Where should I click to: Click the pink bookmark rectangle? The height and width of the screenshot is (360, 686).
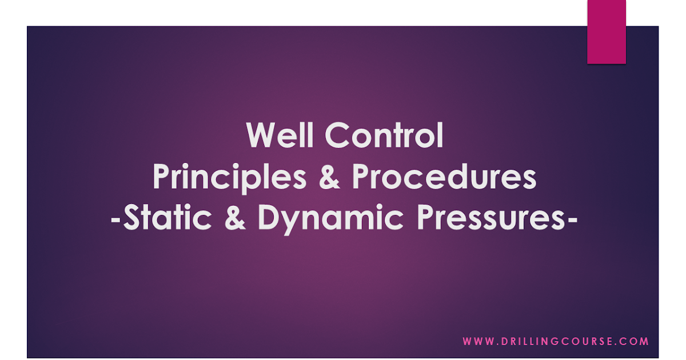[607, 31]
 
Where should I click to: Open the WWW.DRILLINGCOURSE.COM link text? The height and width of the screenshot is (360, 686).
[556, 342]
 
